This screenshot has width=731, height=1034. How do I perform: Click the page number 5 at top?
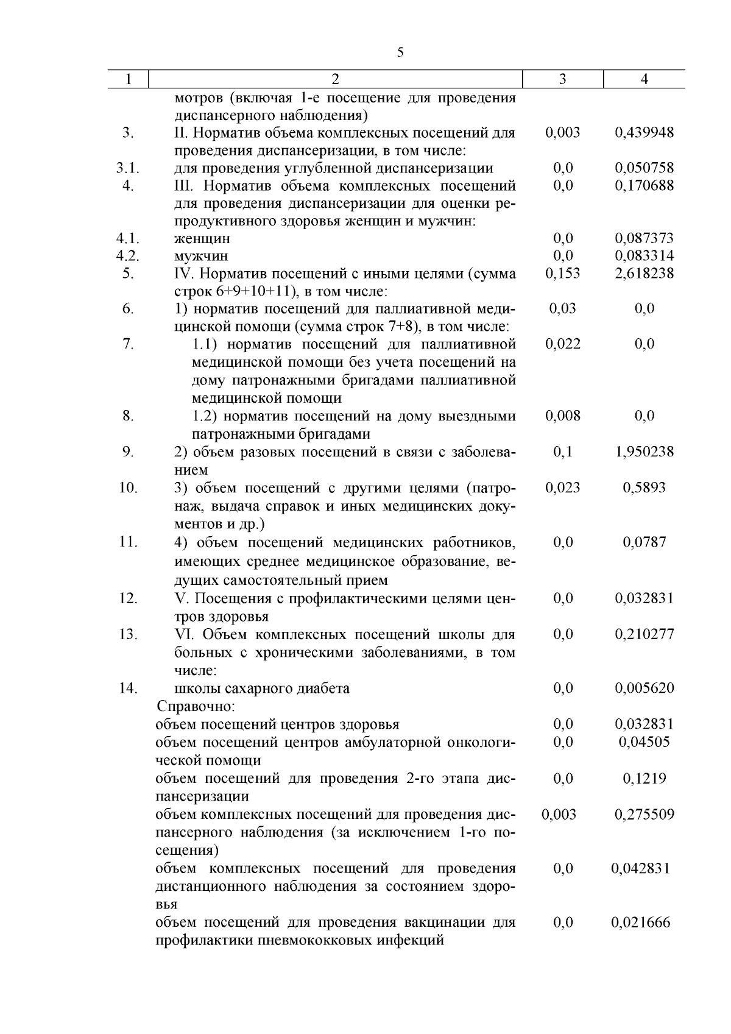400,52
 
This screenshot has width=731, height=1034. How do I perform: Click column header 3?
562,79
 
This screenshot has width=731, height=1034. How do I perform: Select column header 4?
644,79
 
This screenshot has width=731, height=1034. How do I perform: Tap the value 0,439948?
644,132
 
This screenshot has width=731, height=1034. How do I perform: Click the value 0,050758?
644,168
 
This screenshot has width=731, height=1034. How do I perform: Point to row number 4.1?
128,238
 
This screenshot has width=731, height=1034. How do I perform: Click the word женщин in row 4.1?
202,238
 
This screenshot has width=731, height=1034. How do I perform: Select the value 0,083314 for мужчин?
644,256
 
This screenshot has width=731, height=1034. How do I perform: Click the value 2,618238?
644,274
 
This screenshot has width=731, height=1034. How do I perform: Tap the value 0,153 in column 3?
563,274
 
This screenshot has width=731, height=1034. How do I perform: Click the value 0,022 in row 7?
563,344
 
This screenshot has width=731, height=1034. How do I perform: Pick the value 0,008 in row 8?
563,416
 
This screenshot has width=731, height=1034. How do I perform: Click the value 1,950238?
644,452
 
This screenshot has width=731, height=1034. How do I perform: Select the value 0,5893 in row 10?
644,487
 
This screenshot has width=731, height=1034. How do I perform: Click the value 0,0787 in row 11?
644,542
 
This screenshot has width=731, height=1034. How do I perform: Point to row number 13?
128,634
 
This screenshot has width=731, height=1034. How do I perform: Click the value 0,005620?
644,689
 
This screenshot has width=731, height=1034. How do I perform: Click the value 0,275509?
644,815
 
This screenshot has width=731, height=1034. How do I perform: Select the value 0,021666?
641,922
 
